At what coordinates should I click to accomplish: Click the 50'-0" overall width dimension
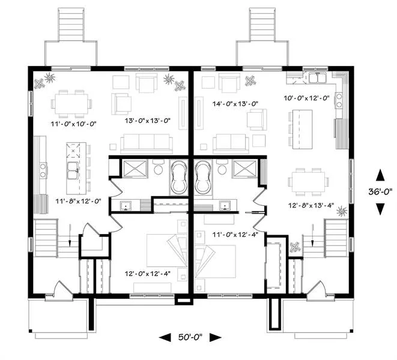[190, 337]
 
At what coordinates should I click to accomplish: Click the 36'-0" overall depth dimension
[380, 191]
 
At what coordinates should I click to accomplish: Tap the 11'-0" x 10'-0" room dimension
[74, 124]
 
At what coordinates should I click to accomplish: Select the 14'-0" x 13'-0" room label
[235, 104]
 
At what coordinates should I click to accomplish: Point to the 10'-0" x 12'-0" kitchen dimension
[307, 98]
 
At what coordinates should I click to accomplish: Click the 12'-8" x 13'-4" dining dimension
[311, 205]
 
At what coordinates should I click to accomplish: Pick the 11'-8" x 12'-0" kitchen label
[79, 201]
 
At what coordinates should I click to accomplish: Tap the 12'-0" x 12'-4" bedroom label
[147, 274]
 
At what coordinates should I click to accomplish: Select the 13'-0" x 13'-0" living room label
[147, 121]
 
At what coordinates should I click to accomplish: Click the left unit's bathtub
[179, 178]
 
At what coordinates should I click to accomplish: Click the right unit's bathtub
[203, 178]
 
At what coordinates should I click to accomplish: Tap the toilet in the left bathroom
[159, 167]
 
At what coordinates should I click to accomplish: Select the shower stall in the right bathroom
[244, 169]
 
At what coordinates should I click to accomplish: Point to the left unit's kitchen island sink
[73, 170]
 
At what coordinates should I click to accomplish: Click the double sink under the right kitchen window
[318, 77]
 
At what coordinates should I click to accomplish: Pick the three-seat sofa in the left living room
[147, 143]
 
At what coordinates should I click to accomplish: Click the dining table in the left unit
[71, 104]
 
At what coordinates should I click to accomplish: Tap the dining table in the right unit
[308, 182]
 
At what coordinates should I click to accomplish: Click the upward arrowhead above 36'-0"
[380, 175]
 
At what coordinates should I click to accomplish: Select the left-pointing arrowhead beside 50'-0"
[165, 337]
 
